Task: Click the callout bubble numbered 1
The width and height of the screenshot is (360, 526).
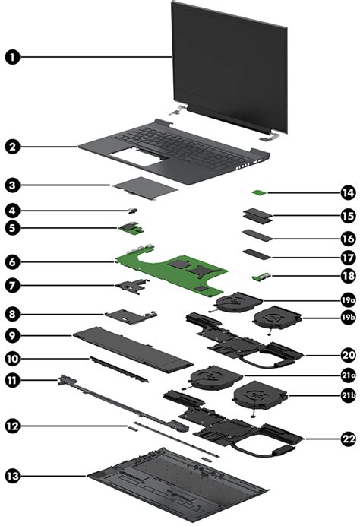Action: (x=12, y=56)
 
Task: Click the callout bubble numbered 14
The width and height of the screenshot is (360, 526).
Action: (x=347, y=194)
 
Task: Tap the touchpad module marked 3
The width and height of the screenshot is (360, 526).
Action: (x=144, y=195)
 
